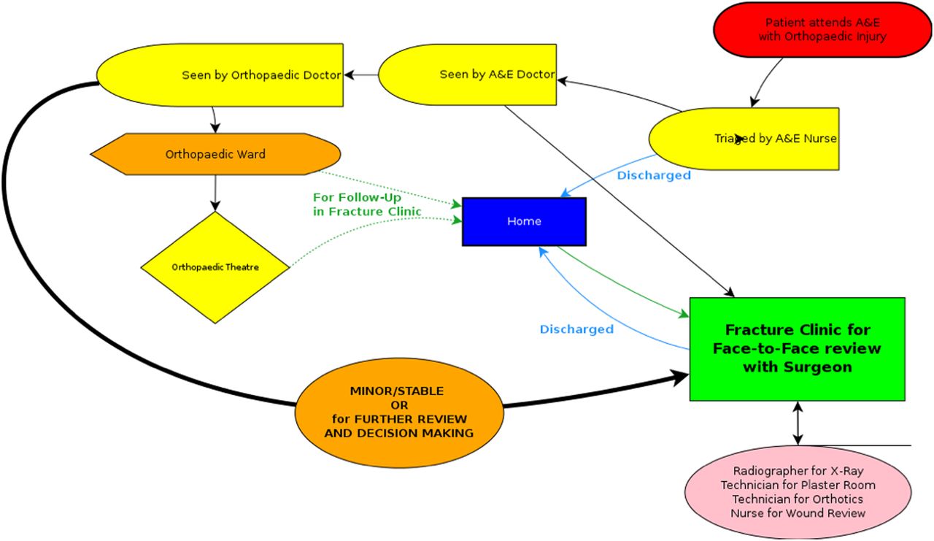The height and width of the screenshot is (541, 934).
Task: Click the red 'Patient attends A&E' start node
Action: click(822, 29)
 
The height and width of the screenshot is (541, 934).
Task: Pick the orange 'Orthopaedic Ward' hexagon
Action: click(215, 154)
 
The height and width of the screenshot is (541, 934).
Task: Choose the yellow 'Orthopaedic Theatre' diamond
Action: click(215, 267)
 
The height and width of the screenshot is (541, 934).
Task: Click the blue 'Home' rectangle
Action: click(524, 221)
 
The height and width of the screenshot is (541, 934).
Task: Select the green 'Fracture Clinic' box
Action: click(797, 349)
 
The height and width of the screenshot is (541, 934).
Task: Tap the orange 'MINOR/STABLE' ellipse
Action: click(399, 412)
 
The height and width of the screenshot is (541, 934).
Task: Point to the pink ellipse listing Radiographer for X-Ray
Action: click(798, 492)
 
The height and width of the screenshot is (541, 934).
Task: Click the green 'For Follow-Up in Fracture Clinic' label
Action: click(367, 204)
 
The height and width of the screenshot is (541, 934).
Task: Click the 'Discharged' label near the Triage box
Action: click(654, 175)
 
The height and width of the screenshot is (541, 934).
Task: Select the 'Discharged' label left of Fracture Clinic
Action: click(576, 329)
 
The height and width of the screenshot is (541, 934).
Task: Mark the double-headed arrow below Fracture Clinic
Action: click(798, 423)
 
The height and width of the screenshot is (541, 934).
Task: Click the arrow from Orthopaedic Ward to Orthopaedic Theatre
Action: click(215, 193)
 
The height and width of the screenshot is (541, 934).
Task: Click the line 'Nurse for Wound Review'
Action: click(798, 513)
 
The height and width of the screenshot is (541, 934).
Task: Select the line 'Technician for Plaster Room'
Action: click(798, 485)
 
